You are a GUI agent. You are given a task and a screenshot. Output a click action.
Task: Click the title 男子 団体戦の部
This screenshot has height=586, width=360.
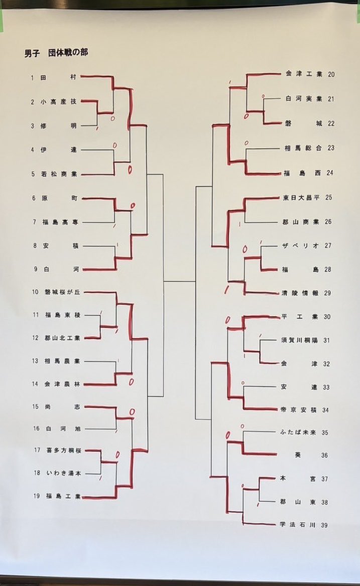pos(56,53)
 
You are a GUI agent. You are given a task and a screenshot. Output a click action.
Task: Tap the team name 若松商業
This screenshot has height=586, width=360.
pos(59,174)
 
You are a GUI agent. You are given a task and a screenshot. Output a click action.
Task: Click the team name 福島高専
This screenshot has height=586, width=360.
pos(60,222)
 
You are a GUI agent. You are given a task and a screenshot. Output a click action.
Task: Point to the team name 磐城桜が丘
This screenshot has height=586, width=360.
pos(62,292)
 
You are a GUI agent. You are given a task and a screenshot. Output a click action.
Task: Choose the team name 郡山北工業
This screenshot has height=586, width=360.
pos(62,338)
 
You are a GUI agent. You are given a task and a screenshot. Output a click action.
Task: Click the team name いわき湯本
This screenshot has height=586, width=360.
pos(64,473)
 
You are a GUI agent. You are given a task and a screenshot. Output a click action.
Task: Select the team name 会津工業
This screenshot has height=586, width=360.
pos(304,74)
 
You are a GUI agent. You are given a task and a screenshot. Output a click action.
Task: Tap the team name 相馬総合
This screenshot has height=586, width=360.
pos(303,148)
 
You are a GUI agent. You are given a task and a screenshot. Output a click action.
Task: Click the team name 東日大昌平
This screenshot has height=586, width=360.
pos(301,198)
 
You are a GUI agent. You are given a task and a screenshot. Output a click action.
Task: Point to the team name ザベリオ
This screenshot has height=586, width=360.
pos(301,245)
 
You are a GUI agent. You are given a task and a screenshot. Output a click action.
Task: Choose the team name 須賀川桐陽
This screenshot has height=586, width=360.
pos(299,340)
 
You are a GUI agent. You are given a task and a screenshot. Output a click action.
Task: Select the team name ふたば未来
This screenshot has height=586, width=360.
pos(298,432)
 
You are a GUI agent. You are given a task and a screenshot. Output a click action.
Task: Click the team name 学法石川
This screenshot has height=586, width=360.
pos(298,524)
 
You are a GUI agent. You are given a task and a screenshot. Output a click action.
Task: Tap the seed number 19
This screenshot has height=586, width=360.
pos(37,496)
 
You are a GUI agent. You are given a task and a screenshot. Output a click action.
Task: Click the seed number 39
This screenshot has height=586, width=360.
pos(324,525)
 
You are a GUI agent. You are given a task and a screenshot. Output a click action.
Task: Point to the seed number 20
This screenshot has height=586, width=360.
pos(331,74)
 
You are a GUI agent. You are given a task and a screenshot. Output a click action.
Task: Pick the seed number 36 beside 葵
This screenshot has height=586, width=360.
pos(324,456)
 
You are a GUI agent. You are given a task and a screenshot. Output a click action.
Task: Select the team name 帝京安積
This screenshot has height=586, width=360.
pos(299,410)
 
